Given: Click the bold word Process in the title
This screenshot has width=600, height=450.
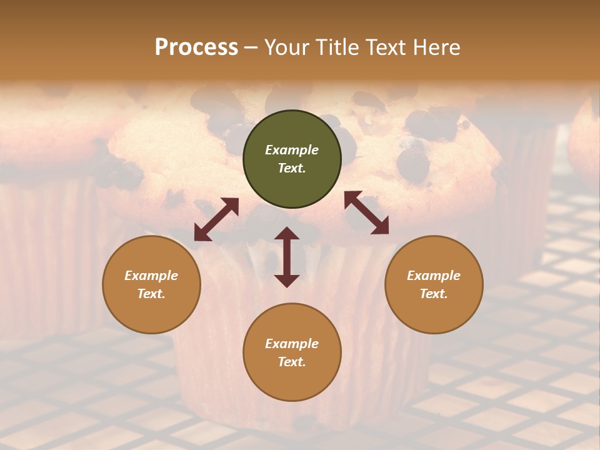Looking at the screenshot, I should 196,47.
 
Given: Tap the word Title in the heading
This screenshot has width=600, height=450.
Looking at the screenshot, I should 338,47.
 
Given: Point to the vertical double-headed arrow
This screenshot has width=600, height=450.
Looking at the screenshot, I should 287,257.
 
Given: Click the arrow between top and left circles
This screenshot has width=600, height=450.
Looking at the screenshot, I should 216,219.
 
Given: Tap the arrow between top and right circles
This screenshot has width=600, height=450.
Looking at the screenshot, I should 367,213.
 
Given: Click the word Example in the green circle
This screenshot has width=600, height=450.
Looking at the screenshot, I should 292,150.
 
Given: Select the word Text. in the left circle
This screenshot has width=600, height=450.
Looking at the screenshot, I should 151,294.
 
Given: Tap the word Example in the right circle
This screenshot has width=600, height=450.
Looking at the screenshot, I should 434,276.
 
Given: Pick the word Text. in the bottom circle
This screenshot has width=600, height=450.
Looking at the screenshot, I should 292,362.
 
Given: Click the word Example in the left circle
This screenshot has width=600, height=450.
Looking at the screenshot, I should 151,276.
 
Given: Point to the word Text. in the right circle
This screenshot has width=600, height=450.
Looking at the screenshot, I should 434,294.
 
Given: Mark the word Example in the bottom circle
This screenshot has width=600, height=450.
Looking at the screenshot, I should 292,344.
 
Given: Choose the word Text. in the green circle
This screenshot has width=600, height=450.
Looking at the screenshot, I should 292,168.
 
